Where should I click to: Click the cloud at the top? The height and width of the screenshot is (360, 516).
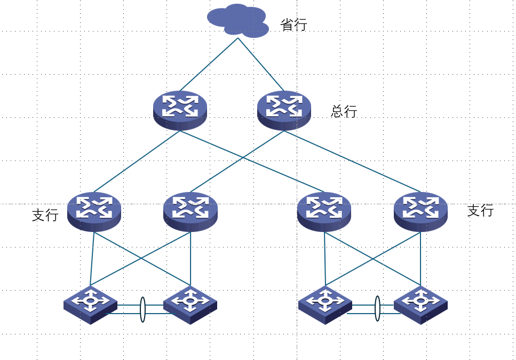point(238,21)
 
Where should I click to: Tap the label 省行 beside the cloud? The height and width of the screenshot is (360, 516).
point(293,25)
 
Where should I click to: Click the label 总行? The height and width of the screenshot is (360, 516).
point(344,111)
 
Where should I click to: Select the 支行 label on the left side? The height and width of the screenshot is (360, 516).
point(45,215)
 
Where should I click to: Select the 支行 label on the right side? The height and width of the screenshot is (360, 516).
point(480,211)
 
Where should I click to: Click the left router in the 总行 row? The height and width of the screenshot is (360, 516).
point(180,109)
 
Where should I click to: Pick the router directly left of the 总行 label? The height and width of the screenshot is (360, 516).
point(284,109)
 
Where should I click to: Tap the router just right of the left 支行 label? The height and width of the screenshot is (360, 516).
point(94,211)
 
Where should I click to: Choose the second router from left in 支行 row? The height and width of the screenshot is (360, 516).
point(190,211)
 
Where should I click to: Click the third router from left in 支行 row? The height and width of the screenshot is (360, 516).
point(324,211)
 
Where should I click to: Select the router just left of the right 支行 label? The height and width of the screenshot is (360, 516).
point(420,211)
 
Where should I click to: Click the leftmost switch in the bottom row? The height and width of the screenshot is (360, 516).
point(90,304)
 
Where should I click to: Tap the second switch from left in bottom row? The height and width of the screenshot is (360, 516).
point(190,304)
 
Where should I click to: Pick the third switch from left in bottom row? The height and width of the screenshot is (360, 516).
point(324,304)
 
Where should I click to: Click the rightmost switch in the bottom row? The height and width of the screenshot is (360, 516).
point(420,304)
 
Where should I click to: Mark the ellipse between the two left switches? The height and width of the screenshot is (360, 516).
point(142,309)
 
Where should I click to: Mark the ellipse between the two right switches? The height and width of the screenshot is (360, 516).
point(378,309)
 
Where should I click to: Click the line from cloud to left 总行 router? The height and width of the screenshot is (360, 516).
point(209,65)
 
